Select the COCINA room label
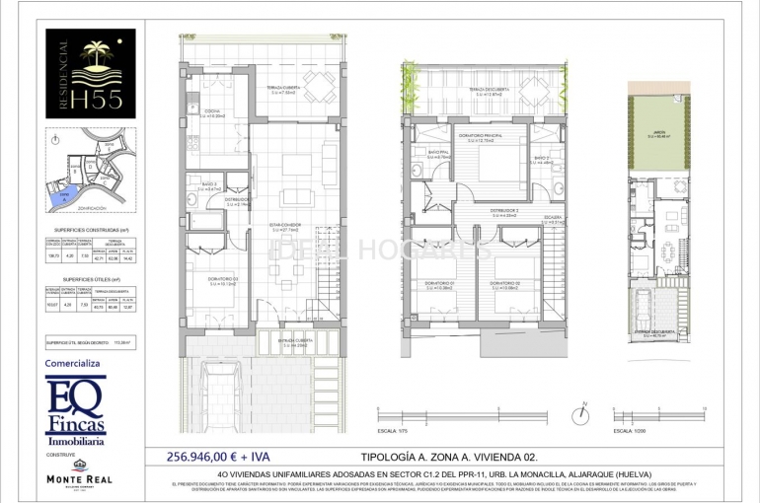pyautogui.click(x=212, y=111)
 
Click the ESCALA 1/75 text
pyautogui.click(x=393, y=430)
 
